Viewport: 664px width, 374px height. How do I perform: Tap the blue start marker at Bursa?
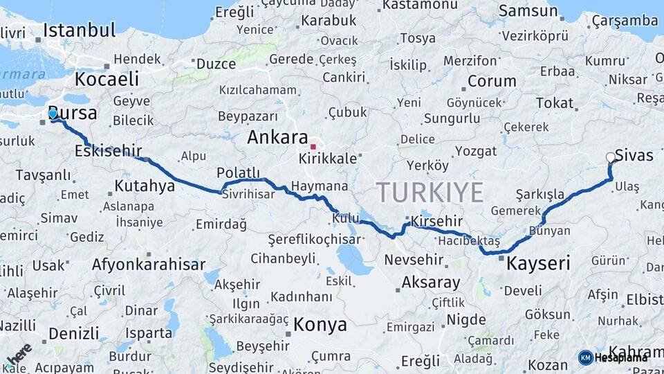53,114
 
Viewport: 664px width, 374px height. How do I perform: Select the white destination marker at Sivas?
611,157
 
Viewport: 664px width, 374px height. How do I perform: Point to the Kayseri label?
538,263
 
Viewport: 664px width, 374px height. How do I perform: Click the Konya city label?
320,324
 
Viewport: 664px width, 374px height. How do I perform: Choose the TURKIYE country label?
430,192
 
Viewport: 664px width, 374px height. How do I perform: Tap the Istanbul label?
79,30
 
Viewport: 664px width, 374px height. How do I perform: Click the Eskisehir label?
109,150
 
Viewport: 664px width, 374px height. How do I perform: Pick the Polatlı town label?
238,172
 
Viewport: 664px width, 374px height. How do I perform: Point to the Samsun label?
528,10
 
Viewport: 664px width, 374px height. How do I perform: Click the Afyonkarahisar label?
149,265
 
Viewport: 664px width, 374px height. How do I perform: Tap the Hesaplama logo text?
620,357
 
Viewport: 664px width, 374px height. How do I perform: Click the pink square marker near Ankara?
313,147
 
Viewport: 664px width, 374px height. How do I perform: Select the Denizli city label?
74,334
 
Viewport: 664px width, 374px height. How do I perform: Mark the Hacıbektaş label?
468,241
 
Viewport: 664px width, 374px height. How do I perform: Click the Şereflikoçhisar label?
315,239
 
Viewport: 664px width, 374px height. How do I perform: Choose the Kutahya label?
145,186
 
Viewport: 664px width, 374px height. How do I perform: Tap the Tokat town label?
555,103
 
